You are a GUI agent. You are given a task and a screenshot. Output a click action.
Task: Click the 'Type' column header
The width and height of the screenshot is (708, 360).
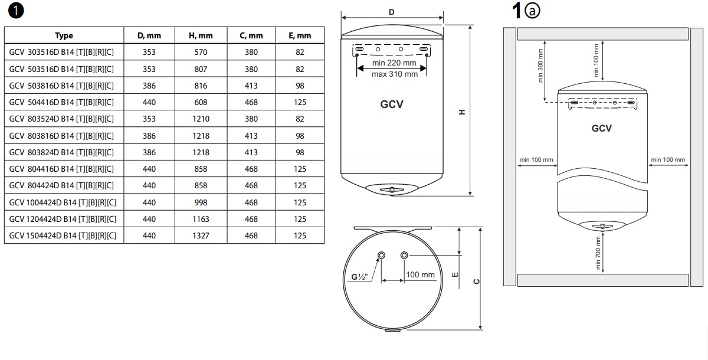[x=64, y=35]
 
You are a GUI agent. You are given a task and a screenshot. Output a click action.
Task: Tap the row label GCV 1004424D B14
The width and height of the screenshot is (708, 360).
[x=63, y=202]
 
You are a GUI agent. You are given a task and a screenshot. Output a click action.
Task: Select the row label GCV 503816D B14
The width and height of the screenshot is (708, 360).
[x=62, y=86]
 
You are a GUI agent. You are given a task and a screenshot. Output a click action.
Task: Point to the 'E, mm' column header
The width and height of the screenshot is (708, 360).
[x=300, y=35]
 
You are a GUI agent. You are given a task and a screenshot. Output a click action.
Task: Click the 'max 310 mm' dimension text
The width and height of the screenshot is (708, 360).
[x=395, y=74]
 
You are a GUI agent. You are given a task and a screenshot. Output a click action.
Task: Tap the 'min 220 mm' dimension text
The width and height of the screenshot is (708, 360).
[x=395, y=63]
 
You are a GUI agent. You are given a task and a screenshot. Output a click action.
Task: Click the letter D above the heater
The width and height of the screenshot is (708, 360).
[x=392, y=12]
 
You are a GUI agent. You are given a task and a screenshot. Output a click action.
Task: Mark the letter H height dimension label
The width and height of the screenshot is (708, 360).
[x=463, y=112]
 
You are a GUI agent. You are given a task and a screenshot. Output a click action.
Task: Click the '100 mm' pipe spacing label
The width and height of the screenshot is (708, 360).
[x=420, y=275]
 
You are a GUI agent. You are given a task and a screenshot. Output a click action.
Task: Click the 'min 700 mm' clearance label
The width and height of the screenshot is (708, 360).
[x=599, y=253]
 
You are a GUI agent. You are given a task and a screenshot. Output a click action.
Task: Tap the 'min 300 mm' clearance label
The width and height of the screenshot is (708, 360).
[x=541, y=65]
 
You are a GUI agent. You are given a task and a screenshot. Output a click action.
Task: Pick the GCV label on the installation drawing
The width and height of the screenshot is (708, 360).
[x=602, y=128]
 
